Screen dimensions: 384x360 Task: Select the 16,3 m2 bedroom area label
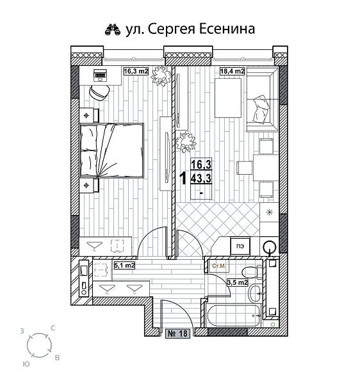click(x=135, y=72)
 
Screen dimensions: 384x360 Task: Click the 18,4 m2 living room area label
click(x=233, y=72)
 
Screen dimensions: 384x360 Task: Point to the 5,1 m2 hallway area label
click(x=124, y=265)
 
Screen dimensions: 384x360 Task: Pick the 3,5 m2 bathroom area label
click(x=238, y=280)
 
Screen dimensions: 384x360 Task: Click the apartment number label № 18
click(x=178, y=333)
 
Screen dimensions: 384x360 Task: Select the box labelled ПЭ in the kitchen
click(x=240, y=245)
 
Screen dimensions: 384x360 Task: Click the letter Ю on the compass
click(x=25, y=363)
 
